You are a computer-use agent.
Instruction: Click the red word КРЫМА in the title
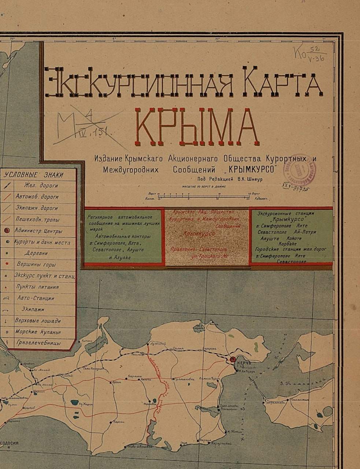point(196,127)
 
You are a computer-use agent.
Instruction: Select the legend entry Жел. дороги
point(41,185)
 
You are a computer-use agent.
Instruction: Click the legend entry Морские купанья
point(38,332)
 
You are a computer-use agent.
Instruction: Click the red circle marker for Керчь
point(233,360)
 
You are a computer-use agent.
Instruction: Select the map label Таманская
point(300,400)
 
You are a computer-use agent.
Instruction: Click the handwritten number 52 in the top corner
point(314,50)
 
